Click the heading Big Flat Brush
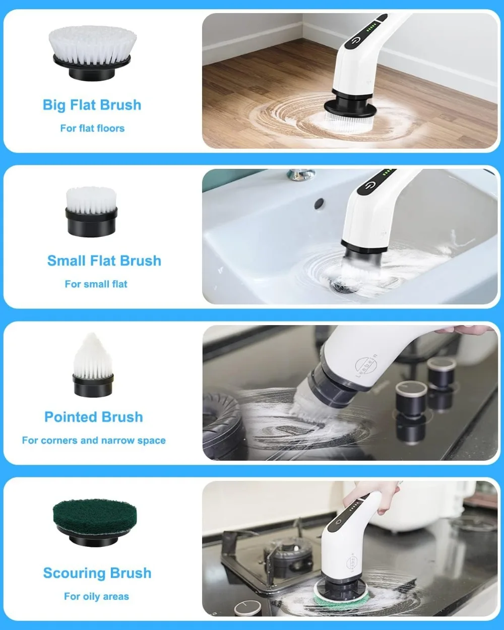[x=92, y=105]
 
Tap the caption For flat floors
[x=92, y=128]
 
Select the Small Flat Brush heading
[x=104, y=261]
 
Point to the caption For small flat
[x=96, y=284]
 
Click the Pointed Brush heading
[x=93, y=417]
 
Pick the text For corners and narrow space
[x=93, y=440]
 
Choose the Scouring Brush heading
[x=97, y=573]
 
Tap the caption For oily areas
[x=96, y=596]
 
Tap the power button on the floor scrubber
[x=356, y=39]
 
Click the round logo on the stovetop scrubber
[x=366, y=366]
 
